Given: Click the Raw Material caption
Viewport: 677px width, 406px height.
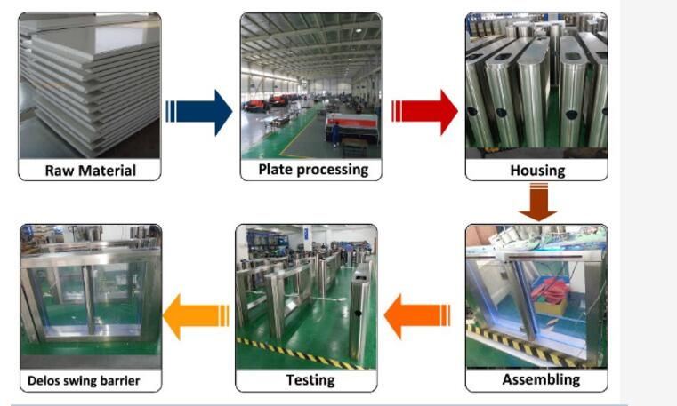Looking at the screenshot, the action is [90, 171].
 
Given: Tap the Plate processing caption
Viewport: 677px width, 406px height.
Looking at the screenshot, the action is [313, 170].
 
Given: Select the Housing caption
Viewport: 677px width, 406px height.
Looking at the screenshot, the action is [537, 171].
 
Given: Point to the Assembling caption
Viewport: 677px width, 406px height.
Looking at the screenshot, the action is [541, 379].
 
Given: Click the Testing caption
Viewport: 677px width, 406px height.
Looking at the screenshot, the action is [310, 380].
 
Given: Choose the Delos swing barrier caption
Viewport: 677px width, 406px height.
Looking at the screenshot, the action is [84, 381].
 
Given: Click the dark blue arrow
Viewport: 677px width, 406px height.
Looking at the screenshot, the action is [199, 112].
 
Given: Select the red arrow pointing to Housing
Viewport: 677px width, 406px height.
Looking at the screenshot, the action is [424, 112].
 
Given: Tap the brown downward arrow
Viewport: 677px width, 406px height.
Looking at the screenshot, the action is [538, 202].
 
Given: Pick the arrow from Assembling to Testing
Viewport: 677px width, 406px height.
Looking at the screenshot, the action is [417, 316].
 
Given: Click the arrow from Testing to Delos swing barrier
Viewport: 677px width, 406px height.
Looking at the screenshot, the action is [196, 316].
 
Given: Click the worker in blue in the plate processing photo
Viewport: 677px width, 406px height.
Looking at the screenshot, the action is [335, 134].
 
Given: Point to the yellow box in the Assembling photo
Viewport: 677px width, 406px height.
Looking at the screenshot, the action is [551, 305].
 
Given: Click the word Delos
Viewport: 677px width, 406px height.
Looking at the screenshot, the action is [44, 381].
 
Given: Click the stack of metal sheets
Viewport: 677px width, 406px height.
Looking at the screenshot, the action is [90, 85].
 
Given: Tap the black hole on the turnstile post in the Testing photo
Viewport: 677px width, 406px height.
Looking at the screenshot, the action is [358, 313].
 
